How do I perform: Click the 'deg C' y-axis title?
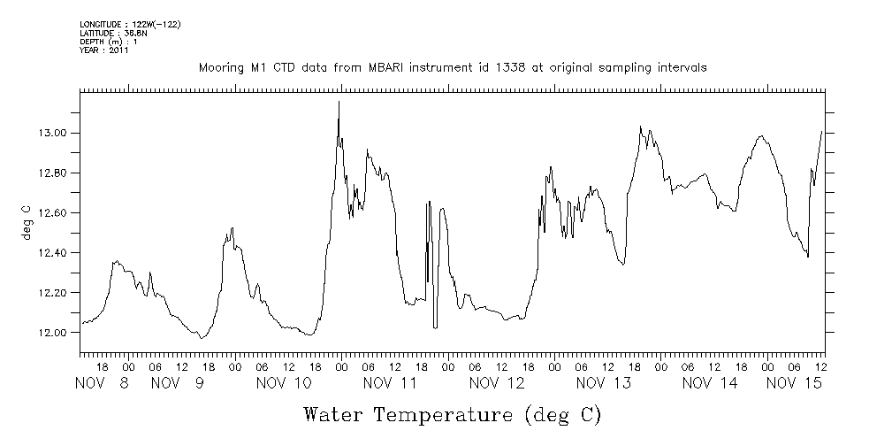coord(27,221)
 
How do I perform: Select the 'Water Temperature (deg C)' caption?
coord(452,414)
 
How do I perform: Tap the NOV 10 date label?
coord(284,383)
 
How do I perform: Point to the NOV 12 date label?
coord(497,383)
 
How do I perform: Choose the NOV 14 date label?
coord(709,383)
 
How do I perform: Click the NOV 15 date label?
coord(794,383)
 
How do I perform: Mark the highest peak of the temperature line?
coord(339,102)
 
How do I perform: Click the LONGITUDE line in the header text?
coord(130,24)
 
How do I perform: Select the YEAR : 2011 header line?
coord(104,50)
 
